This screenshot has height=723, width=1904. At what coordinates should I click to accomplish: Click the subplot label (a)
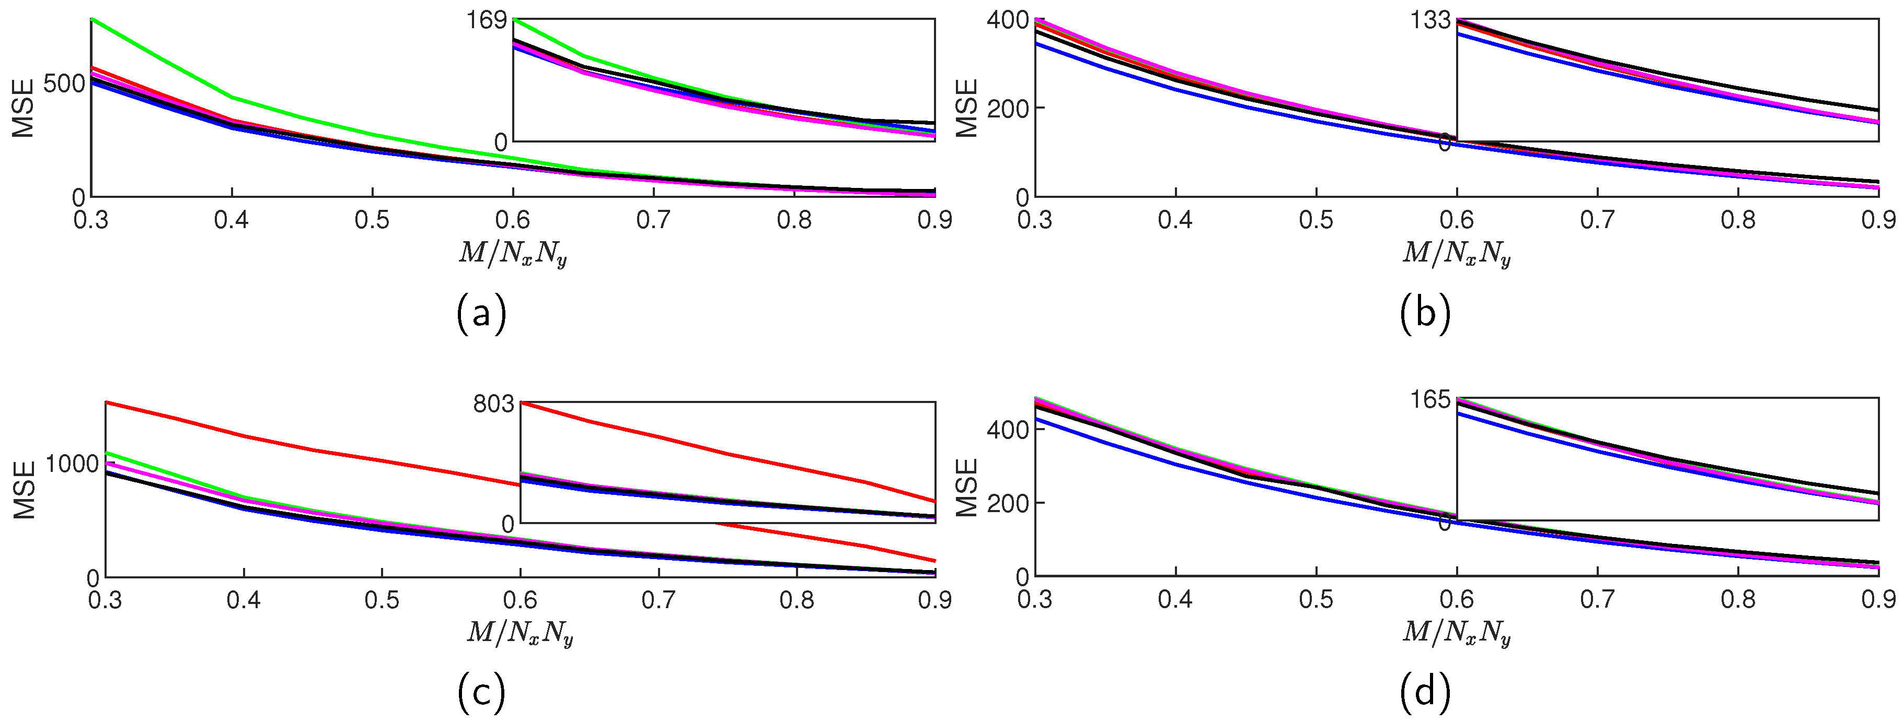(x=481, y=314)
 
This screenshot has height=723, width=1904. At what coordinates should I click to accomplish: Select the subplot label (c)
(x=481, y=693)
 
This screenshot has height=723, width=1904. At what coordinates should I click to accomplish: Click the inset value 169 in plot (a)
(x=486, y=20)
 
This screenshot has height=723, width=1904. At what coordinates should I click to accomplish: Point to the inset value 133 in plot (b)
(x=1429, y=20)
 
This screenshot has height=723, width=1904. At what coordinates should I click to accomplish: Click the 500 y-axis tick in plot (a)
(x=64, y=84)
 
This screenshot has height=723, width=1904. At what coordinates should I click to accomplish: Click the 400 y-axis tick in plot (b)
(x=1008, y=20)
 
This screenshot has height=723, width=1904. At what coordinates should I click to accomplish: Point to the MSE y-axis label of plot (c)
(x=25, y=490)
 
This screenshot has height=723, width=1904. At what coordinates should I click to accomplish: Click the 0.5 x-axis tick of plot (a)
(x=372, y=220)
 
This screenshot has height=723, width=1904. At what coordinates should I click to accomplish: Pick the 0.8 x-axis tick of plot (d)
(x=1738, y=599)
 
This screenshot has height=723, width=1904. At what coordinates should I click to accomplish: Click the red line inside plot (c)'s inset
(x=728, y=454)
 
